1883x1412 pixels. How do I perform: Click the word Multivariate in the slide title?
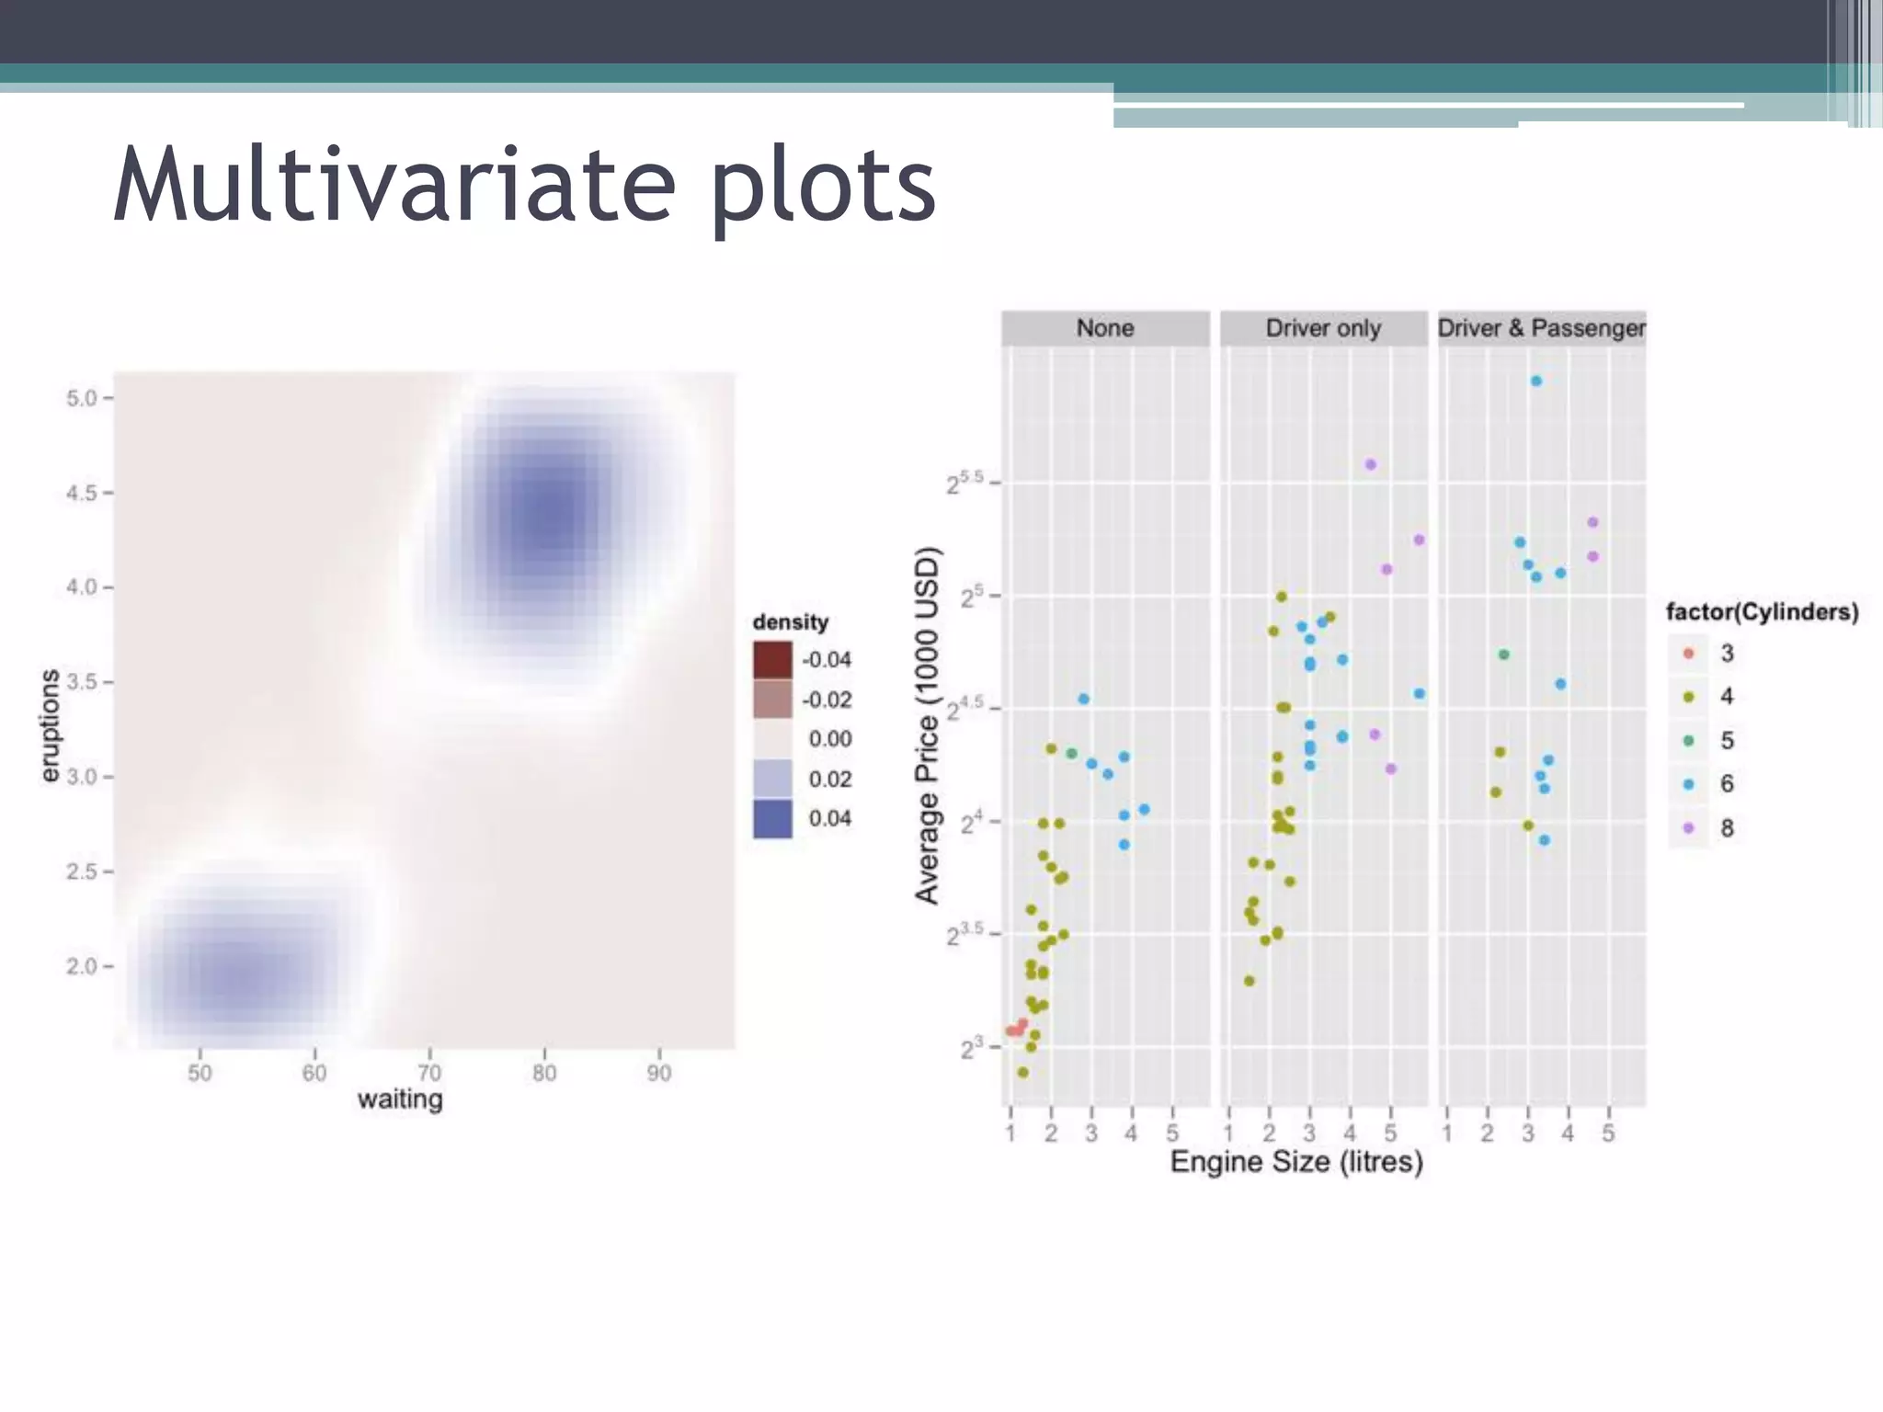[x=394, y=187]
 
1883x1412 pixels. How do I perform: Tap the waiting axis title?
[x=400, y=1099]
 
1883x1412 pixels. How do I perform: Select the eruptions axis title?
[x=50, y=726]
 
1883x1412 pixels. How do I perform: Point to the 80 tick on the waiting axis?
[x=544, y=1073]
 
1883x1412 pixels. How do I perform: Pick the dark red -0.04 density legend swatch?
[x=772, y=659]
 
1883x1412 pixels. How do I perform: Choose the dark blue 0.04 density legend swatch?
[x=772, y=818]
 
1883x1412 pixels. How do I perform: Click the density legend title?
[x=791, y=622]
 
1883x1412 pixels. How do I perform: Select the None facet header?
[x=1105, y=328]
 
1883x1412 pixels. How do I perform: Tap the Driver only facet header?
[x=1323, y=328]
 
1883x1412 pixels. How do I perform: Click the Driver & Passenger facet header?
[x=1542, y=328]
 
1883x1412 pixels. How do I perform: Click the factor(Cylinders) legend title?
[x=1762, y=612]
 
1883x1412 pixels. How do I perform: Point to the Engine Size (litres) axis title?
[x=1296, y=1162]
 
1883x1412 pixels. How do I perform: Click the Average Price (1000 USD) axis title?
[x=928, y=725]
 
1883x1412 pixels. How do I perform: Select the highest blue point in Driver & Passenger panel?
[x=1535, y=381]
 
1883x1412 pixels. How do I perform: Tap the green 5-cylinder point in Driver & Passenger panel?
[x=1503, y=655]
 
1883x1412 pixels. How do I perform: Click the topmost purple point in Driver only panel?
[x=1370, y=464]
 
